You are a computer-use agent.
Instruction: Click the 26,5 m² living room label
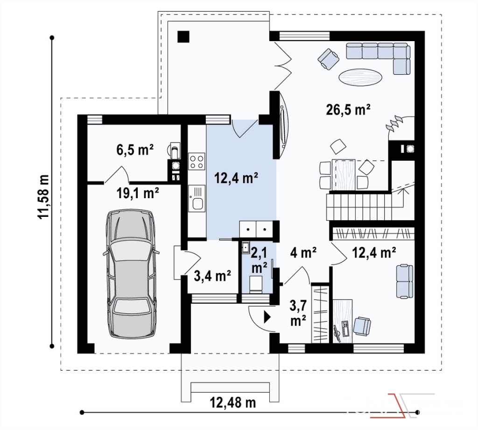click(x=348, y=109)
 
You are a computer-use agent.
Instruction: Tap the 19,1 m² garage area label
click(x=138, y=193)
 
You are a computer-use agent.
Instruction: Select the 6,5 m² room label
click(x=135, y=150)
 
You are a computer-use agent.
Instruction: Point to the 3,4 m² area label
click(x=212, y=276)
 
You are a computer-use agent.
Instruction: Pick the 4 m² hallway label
click(x=303, y=253)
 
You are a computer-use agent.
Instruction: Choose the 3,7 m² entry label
click(x=298, y=313)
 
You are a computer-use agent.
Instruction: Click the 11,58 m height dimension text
click(x=43, y=196)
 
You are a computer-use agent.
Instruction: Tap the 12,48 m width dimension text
click(x=233, y=402)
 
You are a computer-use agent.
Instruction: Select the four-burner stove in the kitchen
click(x=197, y=162)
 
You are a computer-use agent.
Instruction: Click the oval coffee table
click(x=361, y=77)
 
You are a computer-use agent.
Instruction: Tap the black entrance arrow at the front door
click(x=267, y=317)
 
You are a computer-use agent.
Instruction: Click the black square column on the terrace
click(x=184, y=36)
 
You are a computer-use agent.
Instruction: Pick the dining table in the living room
click(x=345, y=174)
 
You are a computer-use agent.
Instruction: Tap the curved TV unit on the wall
click(x=284, y=124)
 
